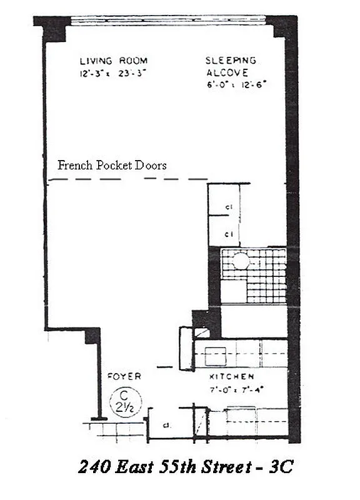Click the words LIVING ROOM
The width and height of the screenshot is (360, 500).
tap(113, 61)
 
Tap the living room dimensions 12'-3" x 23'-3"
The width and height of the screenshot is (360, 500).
tap(113, 71)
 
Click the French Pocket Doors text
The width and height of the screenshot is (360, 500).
tap(112, 166)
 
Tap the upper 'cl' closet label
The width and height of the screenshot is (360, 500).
tap(229, 208)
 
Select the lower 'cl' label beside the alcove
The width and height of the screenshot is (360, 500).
tap(229, 235)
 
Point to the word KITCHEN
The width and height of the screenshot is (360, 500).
tap(231, 377)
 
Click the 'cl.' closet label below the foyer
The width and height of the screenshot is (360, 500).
tap(167, 427)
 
